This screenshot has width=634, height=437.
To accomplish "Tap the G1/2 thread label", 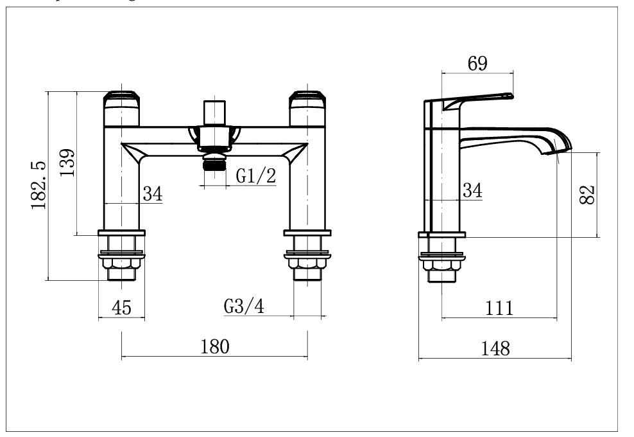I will click(255, 176).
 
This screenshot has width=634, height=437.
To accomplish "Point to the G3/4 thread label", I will click(244, 307).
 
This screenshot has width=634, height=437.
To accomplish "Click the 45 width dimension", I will click(121, 308).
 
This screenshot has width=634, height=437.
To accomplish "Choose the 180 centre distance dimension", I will click(214, 347).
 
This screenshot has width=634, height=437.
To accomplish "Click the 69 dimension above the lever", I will click(477, 63).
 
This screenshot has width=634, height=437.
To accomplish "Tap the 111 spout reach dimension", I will click(499, 308).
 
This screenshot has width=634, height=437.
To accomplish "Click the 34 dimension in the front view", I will click(152, 193).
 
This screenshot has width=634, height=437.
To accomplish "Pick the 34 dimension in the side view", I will click(472, 190).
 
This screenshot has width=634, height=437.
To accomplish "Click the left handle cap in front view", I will click(121, 100).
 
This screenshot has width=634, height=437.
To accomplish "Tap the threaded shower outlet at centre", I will click(214, 163).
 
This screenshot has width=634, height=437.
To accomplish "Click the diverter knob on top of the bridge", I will click(214, 112).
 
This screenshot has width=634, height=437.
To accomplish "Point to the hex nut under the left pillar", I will click(121, 264).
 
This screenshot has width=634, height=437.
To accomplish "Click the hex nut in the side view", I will click(441, 264).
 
